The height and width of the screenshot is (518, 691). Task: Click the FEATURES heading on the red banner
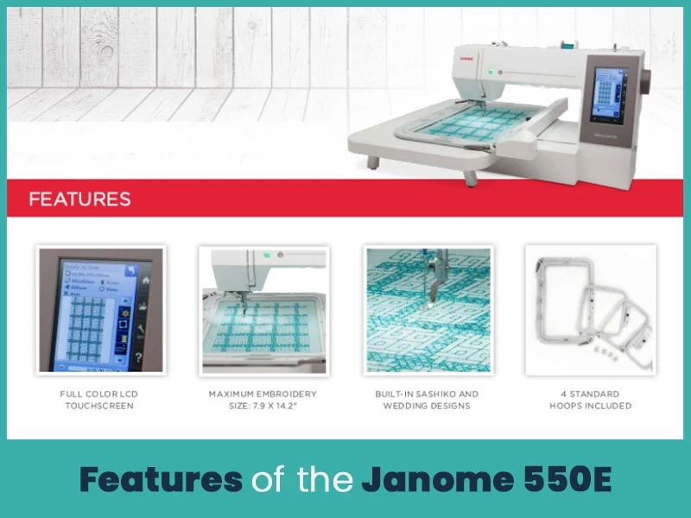click(x=79, y=199)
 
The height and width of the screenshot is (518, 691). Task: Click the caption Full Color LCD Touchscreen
click(x=101, y=400)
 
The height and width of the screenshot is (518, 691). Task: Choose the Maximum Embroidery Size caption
click(x=263, y=400)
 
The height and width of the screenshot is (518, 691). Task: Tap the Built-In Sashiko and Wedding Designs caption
click(x=427, y=400)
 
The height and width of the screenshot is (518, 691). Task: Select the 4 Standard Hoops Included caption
click(x=591, y=400)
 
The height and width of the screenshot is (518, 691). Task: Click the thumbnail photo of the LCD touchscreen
click(x=101, y=310)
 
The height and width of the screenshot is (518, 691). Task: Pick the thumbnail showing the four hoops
click(x=591, y=310)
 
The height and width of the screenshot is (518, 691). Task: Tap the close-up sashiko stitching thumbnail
click(x=427, y=310)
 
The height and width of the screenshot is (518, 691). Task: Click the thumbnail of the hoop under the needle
click(x=263, y=310)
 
